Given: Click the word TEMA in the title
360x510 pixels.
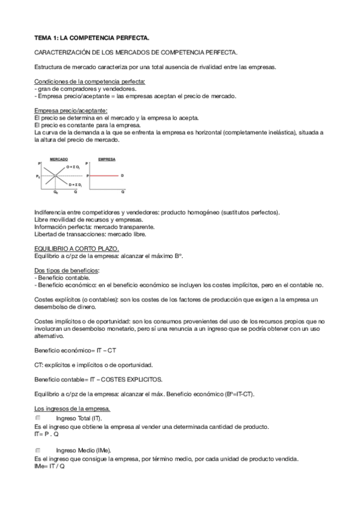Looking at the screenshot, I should tap(44, 38).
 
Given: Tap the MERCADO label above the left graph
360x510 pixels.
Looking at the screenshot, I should tap(58, 160).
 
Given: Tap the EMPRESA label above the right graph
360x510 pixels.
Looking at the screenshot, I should tap(106, 160).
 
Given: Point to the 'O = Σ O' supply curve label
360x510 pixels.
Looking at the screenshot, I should tap(73, 167).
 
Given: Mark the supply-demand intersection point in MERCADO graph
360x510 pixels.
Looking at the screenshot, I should tap(56, 175).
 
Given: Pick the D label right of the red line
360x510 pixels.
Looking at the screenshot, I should tap(122, 175).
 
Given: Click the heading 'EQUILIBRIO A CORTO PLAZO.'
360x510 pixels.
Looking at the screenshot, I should tap(76, 248).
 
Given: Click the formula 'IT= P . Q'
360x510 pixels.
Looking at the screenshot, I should tap(47, 434).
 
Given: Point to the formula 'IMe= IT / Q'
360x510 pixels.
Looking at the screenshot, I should tap(50, 465).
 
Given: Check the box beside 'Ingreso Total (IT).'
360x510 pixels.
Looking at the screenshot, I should tap(37, 418).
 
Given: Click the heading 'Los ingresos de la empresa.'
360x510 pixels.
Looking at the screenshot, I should tap(73, 410).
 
